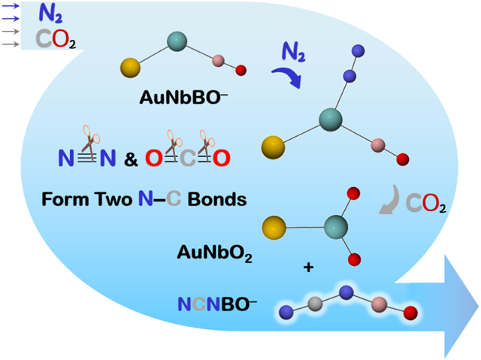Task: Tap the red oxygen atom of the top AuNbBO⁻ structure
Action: [x=241, y=71]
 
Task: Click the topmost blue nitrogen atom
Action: [x=358, y=51]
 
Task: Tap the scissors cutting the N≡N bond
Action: [x=89, y=141]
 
